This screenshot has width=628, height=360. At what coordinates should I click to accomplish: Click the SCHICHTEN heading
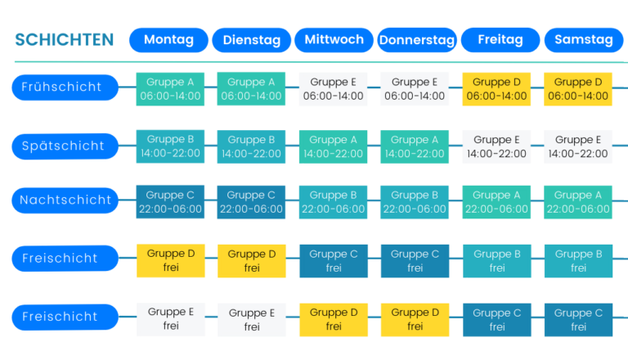point(64,40)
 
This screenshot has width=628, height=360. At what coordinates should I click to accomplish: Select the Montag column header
point(168,40)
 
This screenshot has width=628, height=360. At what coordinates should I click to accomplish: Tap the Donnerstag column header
point(416,40)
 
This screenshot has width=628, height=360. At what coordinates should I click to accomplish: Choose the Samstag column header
point(583,40)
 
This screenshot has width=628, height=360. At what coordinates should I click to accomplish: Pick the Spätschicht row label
point(65,146)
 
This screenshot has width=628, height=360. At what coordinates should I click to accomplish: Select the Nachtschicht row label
point(65,200)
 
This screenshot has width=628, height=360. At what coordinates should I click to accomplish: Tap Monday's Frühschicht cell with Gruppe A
point(170,88)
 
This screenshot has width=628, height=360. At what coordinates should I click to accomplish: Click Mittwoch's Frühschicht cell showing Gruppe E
point(333,88)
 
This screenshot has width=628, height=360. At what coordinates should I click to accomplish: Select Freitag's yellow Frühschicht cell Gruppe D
point(496,88)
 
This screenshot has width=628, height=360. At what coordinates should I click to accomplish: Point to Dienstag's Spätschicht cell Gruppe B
point(252,146)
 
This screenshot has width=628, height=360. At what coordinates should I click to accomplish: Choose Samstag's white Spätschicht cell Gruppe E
point(578,146)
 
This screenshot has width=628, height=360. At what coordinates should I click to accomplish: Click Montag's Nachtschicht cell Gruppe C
point(170,202)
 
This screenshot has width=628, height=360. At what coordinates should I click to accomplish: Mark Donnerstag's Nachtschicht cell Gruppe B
point(415,202)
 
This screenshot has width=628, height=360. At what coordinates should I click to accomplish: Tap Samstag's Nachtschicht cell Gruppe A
point(578,202)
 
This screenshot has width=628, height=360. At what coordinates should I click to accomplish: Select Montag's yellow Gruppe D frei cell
point(170,260)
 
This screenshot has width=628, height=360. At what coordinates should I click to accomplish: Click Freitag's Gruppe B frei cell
point(496,260)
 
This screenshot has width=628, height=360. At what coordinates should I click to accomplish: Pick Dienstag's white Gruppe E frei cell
point(252,319)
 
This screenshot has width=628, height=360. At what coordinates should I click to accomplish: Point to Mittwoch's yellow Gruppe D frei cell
point(333,319)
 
